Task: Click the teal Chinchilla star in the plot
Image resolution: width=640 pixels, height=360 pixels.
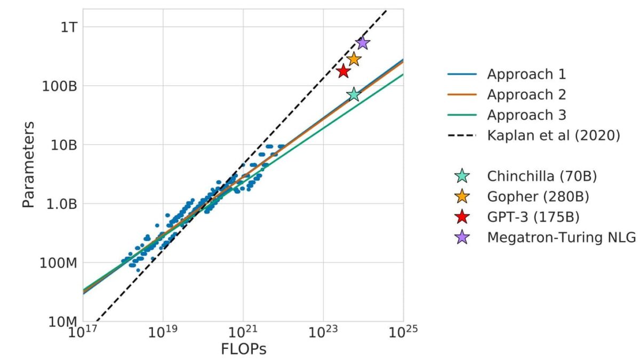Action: tap(354, 95)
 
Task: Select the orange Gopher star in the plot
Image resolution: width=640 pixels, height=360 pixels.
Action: tap(354, 59)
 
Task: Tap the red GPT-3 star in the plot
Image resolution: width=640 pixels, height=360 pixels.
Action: tap(343, 71)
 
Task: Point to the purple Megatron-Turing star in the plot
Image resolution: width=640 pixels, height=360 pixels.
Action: tap(363, 43)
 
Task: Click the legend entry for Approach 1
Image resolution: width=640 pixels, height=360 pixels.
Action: tap(526, 74)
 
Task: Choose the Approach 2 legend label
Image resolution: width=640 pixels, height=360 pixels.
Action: tap(526, 94)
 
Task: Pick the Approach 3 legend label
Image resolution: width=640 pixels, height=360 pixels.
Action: tap(526, 115)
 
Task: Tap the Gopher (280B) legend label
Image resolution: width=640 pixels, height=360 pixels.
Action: tap(538, 196)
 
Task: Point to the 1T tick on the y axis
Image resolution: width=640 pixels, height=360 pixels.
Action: tap(66, 27)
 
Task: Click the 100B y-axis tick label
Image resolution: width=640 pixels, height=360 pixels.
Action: tap(59, 86)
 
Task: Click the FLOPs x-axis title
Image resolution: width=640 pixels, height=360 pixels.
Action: tap(243, 349)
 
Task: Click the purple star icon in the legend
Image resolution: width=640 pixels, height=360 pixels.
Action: tap(461, 237)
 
